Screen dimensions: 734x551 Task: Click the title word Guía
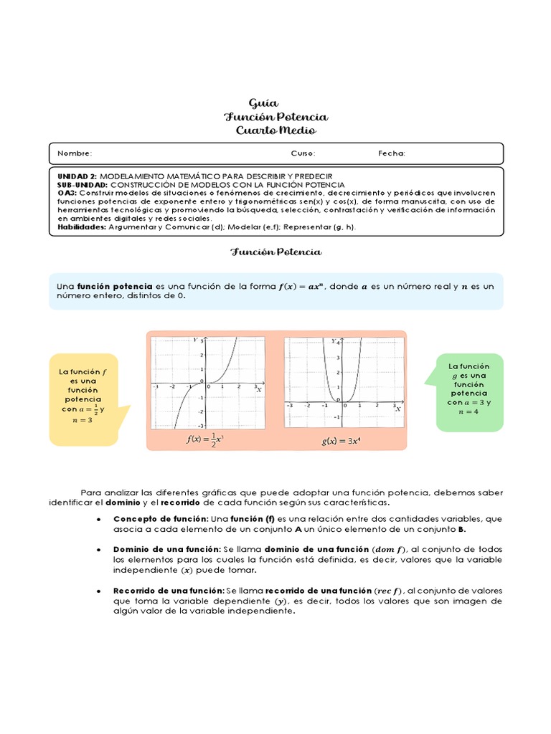click(x=263, y=103)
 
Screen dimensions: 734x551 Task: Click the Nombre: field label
click(x=75, y=153)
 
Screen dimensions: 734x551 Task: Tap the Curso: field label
click(x=303, y=153)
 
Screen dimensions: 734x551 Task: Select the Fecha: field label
click(x=392, y=153)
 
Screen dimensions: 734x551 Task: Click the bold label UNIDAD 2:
click(x=77, y=176)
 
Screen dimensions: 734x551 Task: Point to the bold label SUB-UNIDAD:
click(x=83, y=184)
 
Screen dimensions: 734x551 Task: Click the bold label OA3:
click(x=67, y=193)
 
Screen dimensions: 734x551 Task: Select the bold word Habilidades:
click(x=82, y=227)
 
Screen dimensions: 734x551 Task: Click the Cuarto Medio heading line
click(x=275, y=130)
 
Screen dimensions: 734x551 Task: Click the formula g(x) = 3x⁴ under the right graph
click(x=341, y=441)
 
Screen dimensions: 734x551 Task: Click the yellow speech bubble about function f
click(x=83, y=399)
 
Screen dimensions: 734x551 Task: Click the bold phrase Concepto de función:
click(x=161, y=518)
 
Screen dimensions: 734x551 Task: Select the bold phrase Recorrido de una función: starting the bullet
click(x=169, y=590)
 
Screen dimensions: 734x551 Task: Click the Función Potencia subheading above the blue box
click(x=275, y=252)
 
